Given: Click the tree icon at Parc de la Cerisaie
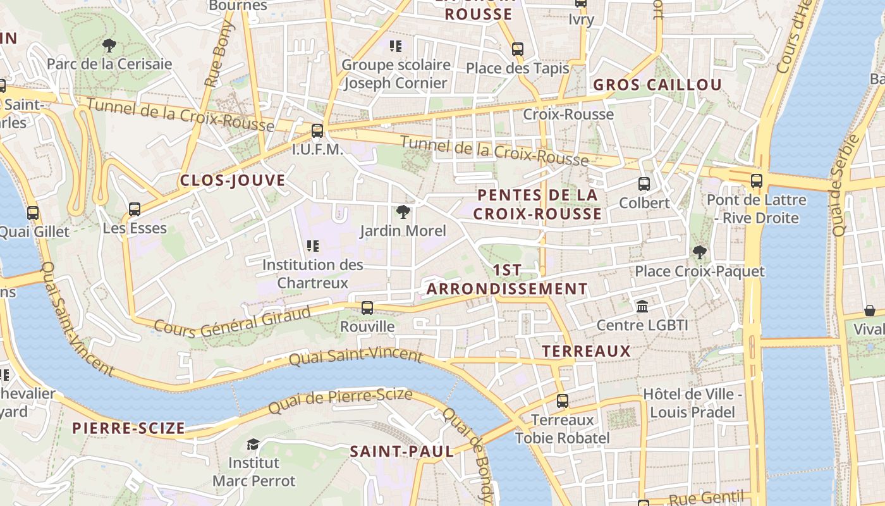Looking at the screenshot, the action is (109, 46).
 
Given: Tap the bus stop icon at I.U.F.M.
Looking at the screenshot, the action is (317, 132).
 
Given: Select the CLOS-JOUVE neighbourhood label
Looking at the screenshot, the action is (233, 180).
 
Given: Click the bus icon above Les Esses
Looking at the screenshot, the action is (135, 209).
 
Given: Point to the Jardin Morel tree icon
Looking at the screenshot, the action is (403, 212).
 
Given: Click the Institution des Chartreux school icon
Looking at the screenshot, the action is (313, 246).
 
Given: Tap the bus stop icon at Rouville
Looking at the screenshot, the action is (367, 308).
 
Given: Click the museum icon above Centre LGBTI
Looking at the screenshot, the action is (642, 307).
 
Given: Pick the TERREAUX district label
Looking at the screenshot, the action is (586, 351).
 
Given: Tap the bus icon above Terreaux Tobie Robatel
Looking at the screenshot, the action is (563, 401).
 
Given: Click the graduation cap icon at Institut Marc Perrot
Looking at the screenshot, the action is (253, 444).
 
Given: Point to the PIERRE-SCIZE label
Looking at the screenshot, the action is (128, 428).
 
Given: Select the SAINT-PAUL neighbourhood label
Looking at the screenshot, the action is (402, 452).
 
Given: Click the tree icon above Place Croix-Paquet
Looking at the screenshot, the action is (699, 252).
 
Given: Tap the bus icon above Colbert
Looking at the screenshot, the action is (644, 184).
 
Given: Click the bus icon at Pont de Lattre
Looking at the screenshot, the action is (757, 181).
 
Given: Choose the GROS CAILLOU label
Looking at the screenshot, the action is (657, 85).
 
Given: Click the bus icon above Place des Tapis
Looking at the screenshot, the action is (518, 49).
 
